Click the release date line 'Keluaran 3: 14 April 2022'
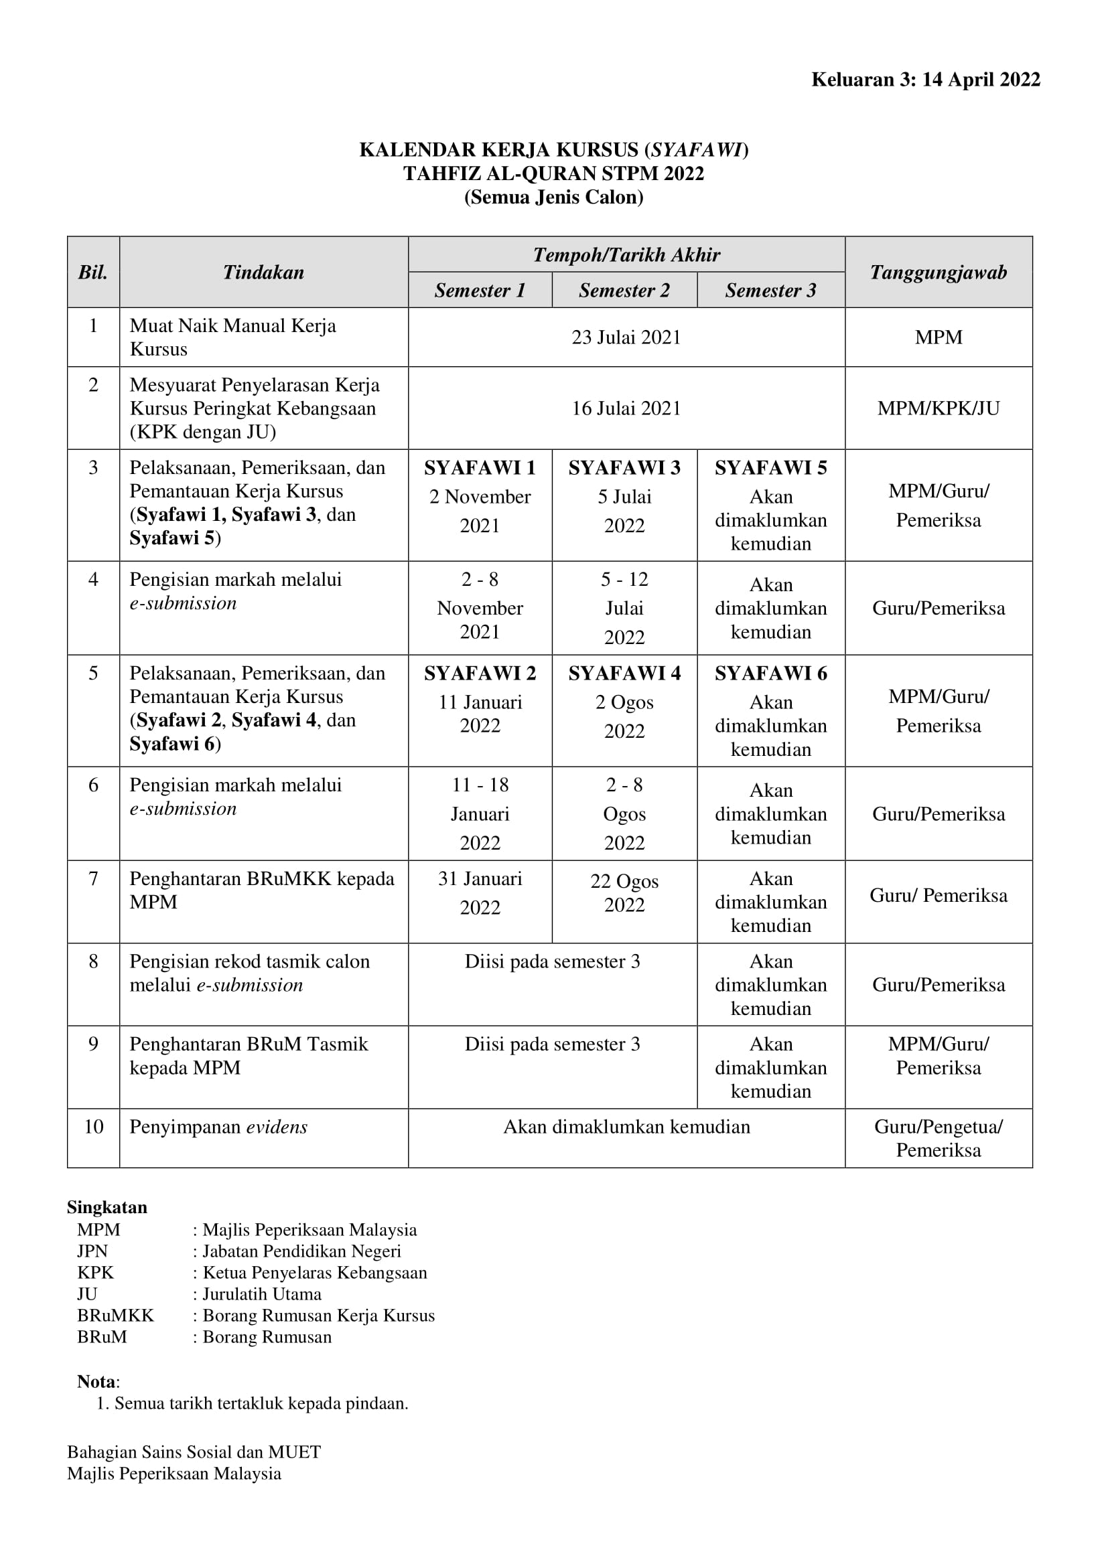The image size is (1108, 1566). click(x=925, y=80)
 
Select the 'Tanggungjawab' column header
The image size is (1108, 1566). click(x=938, y=272)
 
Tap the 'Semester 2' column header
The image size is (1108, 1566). click(x=624, y=291)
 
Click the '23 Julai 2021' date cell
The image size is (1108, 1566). click(x=626, y=337)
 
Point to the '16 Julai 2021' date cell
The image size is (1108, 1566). click(x=626, y=408)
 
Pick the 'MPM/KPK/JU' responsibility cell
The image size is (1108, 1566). click(x=938, y=408)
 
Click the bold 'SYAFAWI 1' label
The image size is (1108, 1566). click(x=480, y=468)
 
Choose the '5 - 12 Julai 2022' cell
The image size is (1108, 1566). click(x=624, y=608)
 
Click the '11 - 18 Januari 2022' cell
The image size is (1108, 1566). click(x=480, y=813)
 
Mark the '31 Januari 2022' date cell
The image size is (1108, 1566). click(x=480, y=893)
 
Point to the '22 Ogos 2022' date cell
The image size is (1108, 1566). click(x=624, y=893)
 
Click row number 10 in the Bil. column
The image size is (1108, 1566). click(x=94, y=1127)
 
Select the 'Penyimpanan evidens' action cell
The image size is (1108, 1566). click(x=218, y=1127)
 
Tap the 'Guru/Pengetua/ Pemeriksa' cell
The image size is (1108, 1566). click(x=938, y=1138)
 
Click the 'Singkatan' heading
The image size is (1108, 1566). click(x=107, y=1207)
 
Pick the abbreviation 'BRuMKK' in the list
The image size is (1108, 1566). click(x=115, y=1315)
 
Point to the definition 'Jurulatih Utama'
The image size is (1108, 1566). click(x=262, y=1294)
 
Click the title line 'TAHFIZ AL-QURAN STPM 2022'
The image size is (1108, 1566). click(x=553, y=173)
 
